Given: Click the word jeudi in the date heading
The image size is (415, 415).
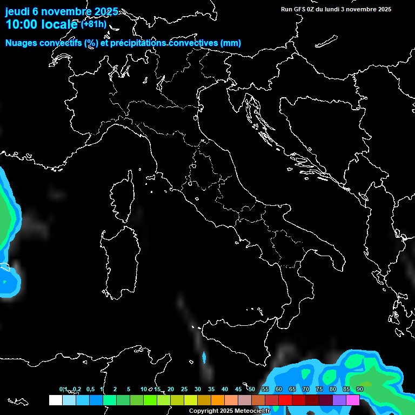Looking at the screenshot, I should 17,11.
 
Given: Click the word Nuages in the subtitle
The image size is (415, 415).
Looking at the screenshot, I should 21,43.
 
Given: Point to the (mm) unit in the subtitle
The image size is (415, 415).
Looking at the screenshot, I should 231,43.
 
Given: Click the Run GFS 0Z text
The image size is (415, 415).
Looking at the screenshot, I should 300,9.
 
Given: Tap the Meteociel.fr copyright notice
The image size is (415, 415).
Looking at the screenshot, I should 229,411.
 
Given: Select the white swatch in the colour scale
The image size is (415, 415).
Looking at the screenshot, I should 55,400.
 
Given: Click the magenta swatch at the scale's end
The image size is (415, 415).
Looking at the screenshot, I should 353,400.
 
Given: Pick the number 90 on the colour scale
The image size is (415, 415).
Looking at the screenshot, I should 360,389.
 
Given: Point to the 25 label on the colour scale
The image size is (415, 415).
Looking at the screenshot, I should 184,389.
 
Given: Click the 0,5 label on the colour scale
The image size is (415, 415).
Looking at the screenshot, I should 90,389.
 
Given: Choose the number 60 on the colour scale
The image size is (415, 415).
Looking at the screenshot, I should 279,389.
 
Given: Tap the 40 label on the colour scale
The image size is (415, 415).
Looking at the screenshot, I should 225,389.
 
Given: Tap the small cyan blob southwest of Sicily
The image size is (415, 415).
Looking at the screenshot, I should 204,357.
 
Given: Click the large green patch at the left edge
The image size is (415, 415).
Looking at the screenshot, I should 6,216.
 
